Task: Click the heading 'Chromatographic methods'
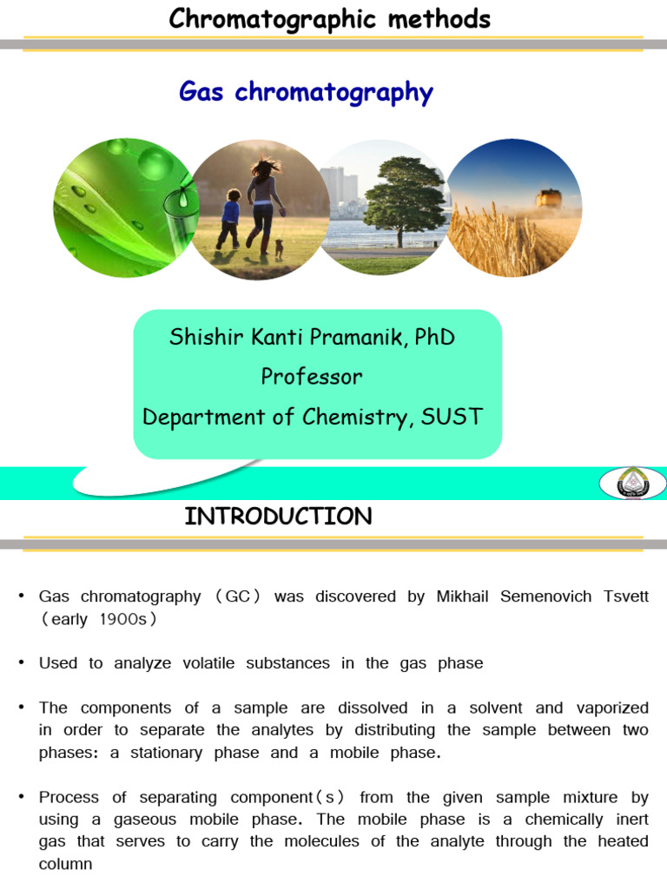330,18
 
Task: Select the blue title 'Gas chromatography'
306,91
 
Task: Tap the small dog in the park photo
280,248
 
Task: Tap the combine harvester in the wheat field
548,199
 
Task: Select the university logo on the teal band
631,482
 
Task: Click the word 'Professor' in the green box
312,377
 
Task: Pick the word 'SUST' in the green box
451,417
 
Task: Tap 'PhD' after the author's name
434,337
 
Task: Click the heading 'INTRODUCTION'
278,517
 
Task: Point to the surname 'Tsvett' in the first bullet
623,596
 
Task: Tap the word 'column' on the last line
65,865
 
